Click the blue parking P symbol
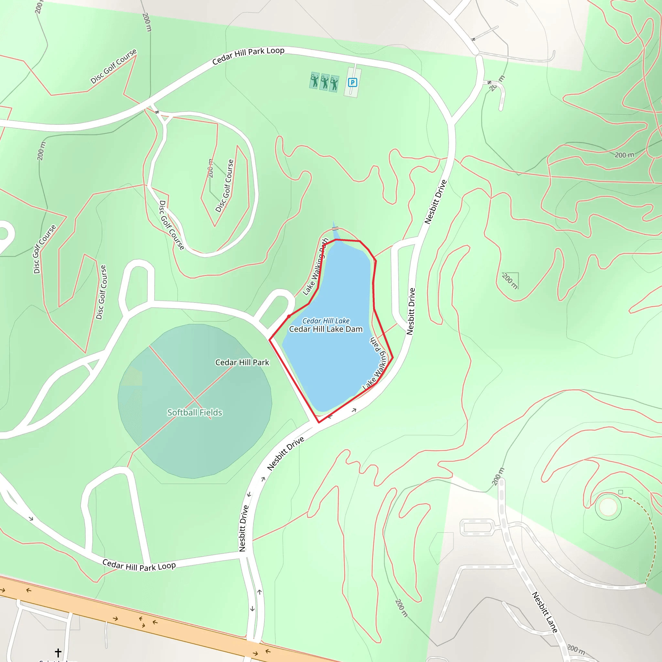pos(352,82)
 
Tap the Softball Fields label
pos(195,412)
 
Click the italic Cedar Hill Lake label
pos(326,321)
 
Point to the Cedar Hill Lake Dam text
pos(326,329)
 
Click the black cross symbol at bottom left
pos(58,652)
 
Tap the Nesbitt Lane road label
pos(544,612)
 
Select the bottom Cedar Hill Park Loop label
pos(139,566)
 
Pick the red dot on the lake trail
pos(289,316)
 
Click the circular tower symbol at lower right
pos(608,507)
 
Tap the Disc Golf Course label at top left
pos(113,66)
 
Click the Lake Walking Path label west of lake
pos(315,267)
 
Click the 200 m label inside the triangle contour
pos(510,281)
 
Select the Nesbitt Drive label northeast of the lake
pos(435,202)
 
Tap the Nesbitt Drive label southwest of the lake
pos(286,453)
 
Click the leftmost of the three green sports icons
pos(314,81)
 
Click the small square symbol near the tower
pos(621,492)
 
